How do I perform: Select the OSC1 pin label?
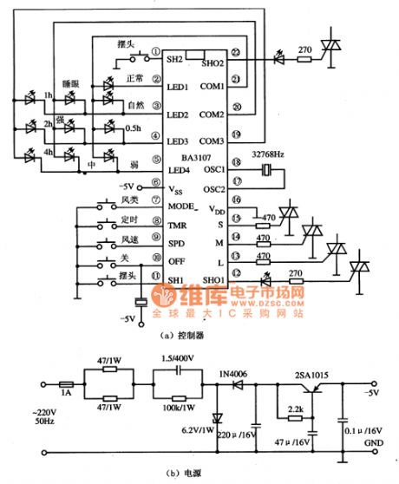[x=213, y=169]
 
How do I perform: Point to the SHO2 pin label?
[x=213, y=62]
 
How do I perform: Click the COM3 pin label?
[x=213, y=141]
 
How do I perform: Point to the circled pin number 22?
[x=236, y=55]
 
